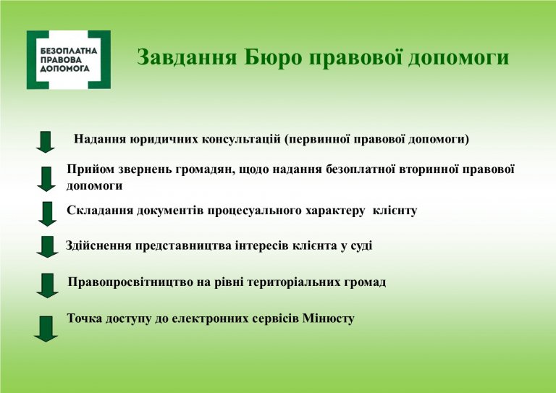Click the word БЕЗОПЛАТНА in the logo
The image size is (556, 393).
pyautogui.click(x=69, y=51)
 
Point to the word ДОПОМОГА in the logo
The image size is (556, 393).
pyautogui.click(x=64, y=68)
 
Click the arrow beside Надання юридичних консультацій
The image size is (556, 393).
pyautogui.click(x=46, y=142)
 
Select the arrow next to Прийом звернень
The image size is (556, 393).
pyautogui.click(x=46, y=179)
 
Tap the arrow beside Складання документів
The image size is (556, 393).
pyautogui.click(x=47, y=214)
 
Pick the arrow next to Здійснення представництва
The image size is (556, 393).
pyautogui.click(x=47, y=247)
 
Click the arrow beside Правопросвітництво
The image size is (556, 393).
pyautogui.click(x=47, y=286)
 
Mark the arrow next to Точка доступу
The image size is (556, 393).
pyautogui.click(x=46, y=329)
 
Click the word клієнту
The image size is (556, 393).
pyautogui.click(x=395, y=211)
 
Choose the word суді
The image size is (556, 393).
pyautogui.click(x=361, y=245)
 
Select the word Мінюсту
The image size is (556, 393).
pyautogui.click(x=329, y=318)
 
